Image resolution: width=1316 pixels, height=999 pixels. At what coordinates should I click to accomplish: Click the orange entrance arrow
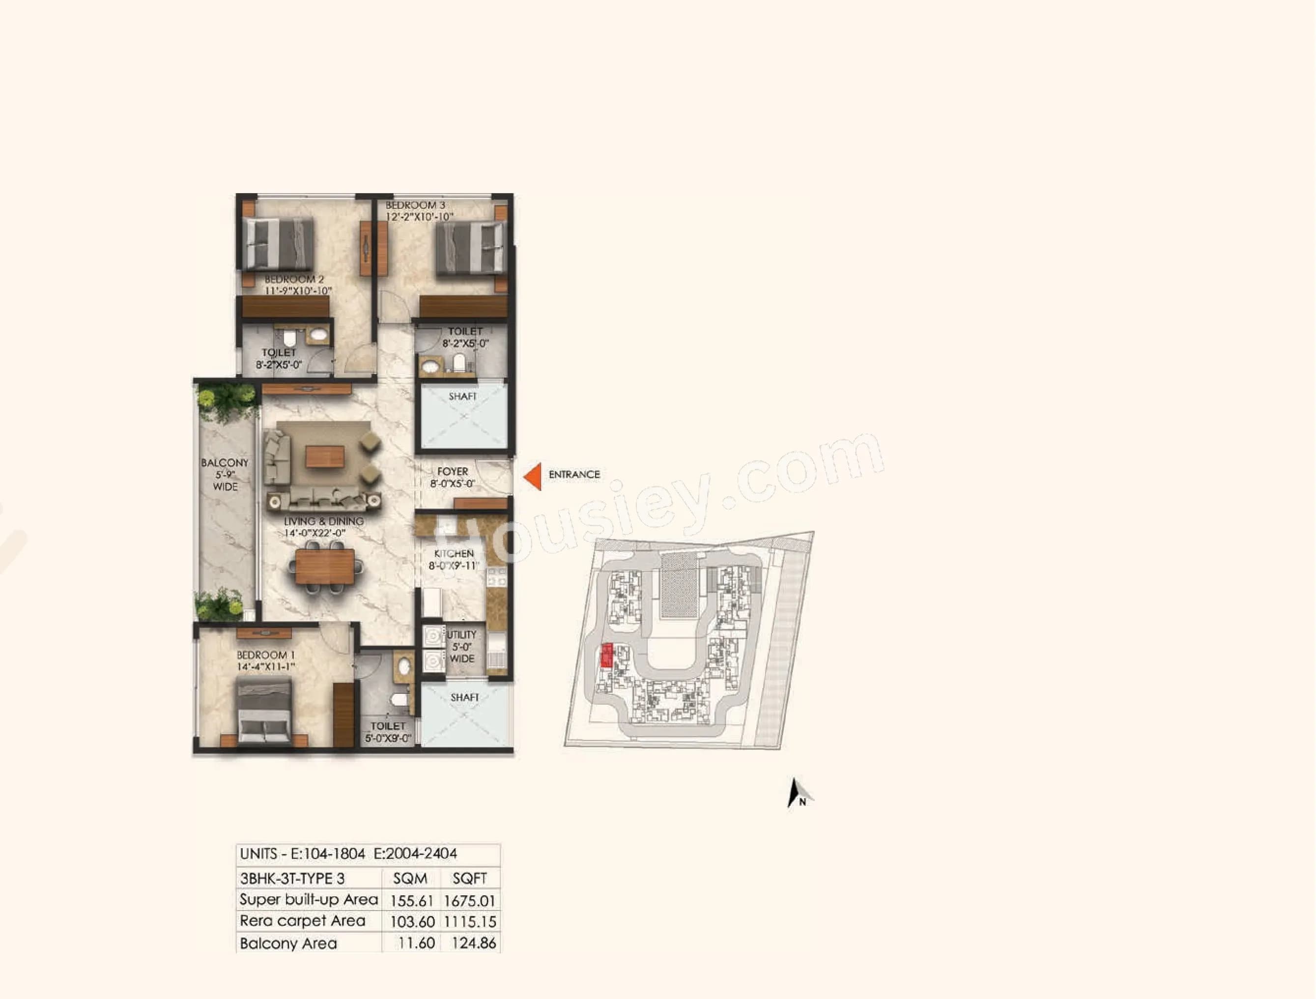click(534, 477)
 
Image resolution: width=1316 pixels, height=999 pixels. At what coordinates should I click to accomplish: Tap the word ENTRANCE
click(574, 475)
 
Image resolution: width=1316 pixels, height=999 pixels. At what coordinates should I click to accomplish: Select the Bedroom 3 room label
click(415, 205)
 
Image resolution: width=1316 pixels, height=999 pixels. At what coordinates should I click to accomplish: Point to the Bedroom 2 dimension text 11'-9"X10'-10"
click(298, 291)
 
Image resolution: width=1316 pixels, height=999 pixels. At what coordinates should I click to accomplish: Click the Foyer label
click(453, 471)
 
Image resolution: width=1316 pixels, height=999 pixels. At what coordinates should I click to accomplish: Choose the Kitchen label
click(454, 554)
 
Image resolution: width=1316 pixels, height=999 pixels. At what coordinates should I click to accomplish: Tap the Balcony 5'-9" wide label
click(225, 474)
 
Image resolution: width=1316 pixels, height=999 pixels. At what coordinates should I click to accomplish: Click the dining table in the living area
click(325, 566)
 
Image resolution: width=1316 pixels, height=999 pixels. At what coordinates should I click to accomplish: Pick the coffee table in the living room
click(325, 457)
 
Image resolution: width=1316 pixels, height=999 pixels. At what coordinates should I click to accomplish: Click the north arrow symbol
click(797, 793)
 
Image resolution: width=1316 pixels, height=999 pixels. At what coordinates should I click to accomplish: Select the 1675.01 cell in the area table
click(469, 901)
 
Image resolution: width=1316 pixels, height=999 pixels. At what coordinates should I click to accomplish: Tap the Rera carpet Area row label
click(302, 921)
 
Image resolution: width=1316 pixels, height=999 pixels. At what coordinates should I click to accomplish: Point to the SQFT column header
click(469, 879)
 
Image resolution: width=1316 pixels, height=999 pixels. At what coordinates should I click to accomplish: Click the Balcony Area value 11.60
click(416, 943)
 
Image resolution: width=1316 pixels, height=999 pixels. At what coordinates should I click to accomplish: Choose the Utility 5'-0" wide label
click(461, 647)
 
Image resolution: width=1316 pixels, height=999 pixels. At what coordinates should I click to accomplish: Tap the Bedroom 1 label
click(265, 655)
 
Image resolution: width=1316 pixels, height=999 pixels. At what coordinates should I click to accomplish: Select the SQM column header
click(410, 879)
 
